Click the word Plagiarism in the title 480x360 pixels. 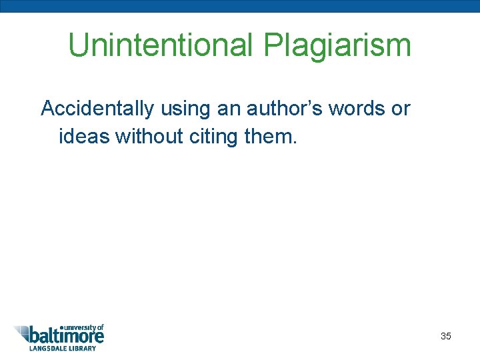pos(337,45)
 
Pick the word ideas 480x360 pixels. pos(85,136)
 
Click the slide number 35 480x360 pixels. pos(445,336)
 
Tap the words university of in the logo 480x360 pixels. pos(83,327)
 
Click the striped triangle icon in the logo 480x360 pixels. pos(24,333)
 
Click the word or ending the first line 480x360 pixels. pos(401,109)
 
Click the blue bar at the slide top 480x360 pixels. pos(240,6)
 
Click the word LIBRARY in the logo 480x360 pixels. pos(85,348)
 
